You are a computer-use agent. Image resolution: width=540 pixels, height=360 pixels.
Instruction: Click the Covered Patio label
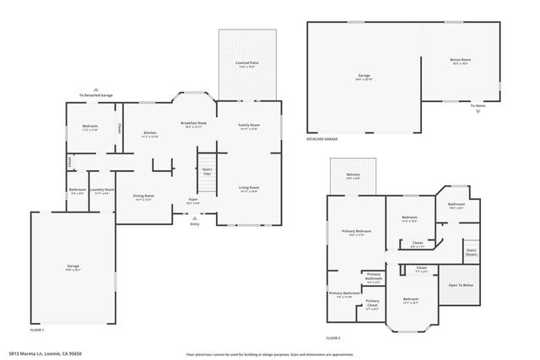click(246, 65)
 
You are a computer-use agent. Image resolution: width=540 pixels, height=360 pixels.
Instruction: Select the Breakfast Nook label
click(193, 125)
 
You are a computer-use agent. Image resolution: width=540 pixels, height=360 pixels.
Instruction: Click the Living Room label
click(248, 189)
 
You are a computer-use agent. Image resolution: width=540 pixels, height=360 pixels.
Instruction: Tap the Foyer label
click(193, 201)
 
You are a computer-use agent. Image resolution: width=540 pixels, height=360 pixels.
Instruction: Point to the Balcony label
click(353, 176)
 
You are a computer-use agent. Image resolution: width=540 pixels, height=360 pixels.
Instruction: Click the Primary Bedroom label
click(356, 233)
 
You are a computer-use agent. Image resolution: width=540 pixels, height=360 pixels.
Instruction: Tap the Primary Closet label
click(372, 303)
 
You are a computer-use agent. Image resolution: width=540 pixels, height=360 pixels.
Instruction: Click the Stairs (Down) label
click(471, 252)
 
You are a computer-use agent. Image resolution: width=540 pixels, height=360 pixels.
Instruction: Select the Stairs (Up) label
click(207, 171)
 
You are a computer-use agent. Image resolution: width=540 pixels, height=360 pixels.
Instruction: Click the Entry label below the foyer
click(195, 223)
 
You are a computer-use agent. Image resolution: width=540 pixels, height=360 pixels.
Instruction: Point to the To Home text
click(478, 105)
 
